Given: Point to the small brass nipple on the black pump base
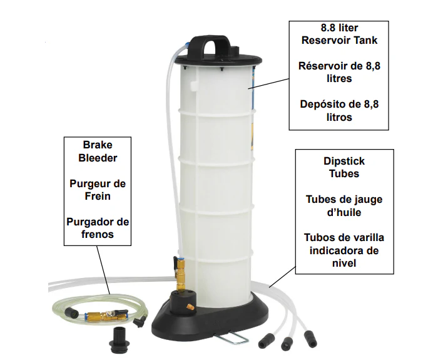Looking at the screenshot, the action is (x=191, y=307).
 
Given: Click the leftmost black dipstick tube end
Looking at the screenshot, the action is (x=263, y=341).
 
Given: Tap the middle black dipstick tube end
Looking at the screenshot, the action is (x=287, y=344).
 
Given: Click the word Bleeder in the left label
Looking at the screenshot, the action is (x=98, y=158).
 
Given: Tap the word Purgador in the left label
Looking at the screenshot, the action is (x=88, y=222).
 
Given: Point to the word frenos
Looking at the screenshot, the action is (x=98, y=234).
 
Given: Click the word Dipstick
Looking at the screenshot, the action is (x=344, y=162).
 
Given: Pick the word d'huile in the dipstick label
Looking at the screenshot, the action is (x=344, y=212).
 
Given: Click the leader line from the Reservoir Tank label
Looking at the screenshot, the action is (x=268, y=83).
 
